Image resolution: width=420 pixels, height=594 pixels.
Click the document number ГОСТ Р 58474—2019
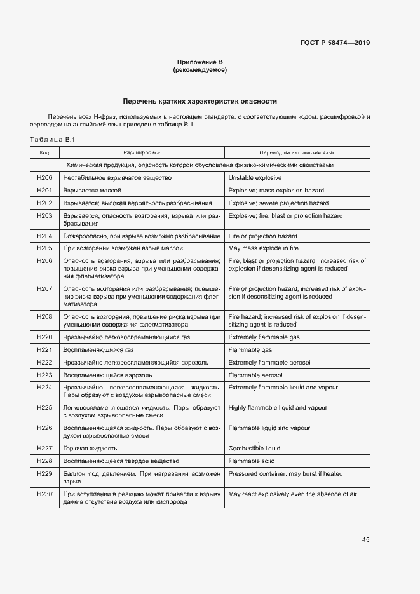pyautogui.click(x=335, y=43)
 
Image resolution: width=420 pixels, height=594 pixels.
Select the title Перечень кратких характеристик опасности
pyautogui.click(x=200, y=101)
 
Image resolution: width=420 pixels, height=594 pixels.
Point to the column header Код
pyautogui.click(x=44, y=153)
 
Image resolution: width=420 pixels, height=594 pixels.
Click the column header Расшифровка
pyautogui.click(x=142, y=153)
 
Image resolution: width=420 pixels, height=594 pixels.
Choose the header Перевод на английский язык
pyautogui.click(x=297, y=153)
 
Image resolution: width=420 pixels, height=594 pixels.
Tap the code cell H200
pyautogui.click(x=44, y=178)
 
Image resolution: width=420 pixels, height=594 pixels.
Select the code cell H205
pyautogui.click(x=44, y=248)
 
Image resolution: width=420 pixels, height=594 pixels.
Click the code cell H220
pyautogui.click(x=44, y=337)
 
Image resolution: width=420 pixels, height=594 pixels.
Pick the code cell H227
pyautogui.click(x=44, y=448)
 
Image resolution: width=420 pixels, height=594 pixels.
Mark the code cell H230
pyautogui.click(x=44, y=494)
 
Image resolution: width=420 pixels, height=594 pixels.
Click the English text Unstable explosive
pyautogui.click(x=254, y=178)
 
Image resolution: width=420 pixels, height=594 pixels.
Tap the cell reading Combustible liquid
pyautogui.click(x=254, y=448)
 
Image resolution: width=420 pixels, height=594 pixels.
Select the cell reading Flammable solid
pyautogui.click(x=251, y=461)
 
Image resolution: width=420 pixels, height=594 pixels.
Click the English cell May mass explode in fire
pyautogui.click(x=263, y=248)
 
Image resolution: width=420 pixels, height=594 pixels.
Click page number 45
pyautogui.click(x=365, y=539)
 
